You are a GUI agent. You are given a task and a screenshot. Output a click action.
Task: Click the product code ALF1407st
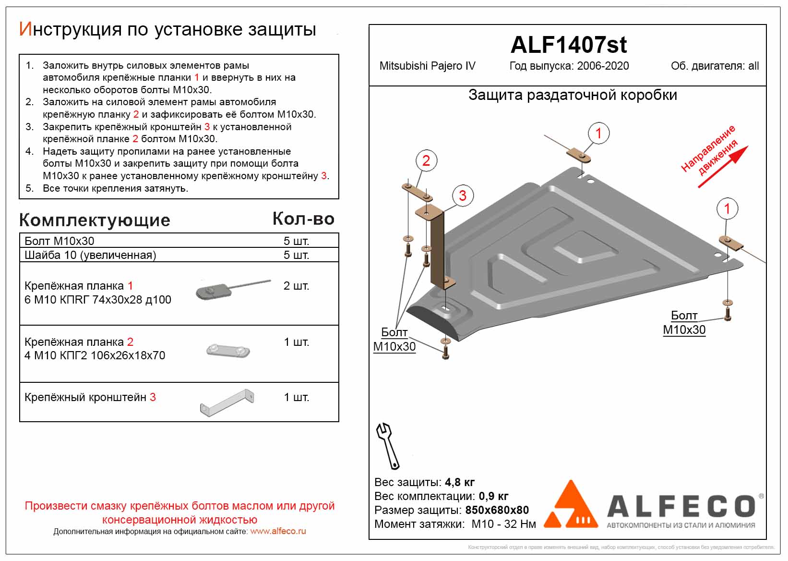coord(568,45)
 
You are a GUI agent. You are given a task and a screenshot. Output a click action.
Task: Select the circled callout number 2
coord(426,160)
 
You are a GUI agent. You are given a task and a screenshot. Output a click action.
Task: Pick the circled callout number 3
coord(463,195)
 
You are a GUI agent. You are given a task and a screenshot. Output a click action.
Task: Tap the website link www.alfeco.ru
coord(278,531)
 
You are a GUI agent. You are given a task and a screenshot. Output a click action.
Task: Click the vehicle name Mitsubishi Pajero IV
coord(427,66)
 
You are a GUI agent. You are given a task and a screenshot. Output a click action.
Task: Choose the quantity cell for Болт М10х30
coord(296,241)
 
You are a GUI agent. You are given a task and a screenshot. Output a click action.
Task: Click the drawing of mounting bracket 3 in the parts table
coord(227,402)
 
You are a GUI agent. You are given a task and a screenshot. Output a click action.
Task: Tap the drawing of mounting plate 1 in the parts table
coord(233,290)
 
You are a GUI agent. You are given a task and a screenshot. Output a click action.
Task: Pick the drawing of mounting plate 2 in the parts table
coord(228,351)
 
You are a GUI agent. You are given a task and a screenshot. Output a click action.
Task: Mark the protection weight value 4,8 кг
coord(460,482)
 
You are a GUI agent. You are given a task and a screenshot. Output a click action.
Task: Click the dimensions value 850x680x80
coord(497,510)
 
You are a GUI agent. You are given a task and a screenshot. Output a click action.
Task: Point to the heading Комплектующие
coord(95,220)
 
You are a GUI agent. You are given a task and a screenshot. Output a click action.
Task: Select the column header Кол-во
coord(303,219)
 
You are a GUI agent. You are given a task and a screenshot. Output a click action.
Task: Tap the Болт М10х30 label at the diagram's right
coord(684,323)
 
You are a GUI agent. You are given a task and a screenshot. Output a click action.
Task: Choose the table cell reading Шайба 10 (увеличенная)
coord(90,255)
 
